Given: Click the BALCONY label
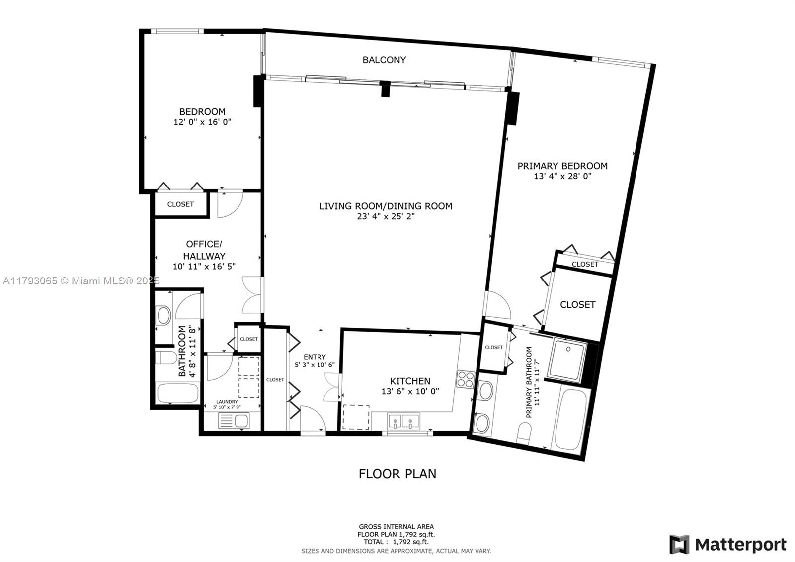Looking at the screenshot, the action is click(x=384, y=60).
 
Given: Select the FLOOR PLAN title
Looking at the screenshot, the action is click(x=397, y=474).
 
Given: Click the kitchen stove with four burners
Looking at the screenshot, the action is click(x=465, y=379).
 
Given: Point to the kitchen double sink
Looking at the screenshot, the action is click(x=403, y=422).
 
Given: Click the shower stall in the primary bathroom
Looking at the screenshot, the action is click(x=566, y=360).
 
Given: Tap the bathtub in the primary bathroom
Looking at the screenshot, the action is click(x=571, y=420).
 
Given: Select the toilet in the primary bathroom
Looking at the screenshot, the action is click(x=524, y=433).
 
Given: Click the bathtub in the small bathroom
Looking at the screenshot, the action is click(x=177, y=393).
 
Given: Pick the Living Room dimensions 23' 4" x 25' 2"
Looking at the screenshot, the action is click(x=386, y=216).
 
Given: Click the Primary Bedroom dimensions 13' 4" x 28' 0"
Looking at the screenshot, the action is click(x=562, y=176).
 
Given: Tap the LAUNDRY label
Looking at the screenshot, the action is click(x=227, y=402).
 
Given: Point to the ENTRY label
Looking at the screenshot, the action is click(x=315, y=357).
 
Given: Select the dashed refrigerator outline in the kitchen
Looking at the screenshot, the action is click(x=356, y=417).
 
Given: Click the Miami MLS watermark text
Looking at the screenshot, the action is click(x=81, y=281).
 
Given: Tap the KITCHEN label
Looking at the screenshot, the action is click(x=410, y=381).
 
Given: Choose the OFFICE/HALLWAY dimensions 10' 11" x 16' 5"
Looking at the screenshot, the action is click(x=204, y=266).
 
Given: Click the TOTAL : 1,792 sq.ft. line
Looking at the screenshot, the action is click(x=396, y=542).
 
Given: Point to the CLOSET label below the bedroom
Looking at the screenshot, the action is click(x=180, y=204).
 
